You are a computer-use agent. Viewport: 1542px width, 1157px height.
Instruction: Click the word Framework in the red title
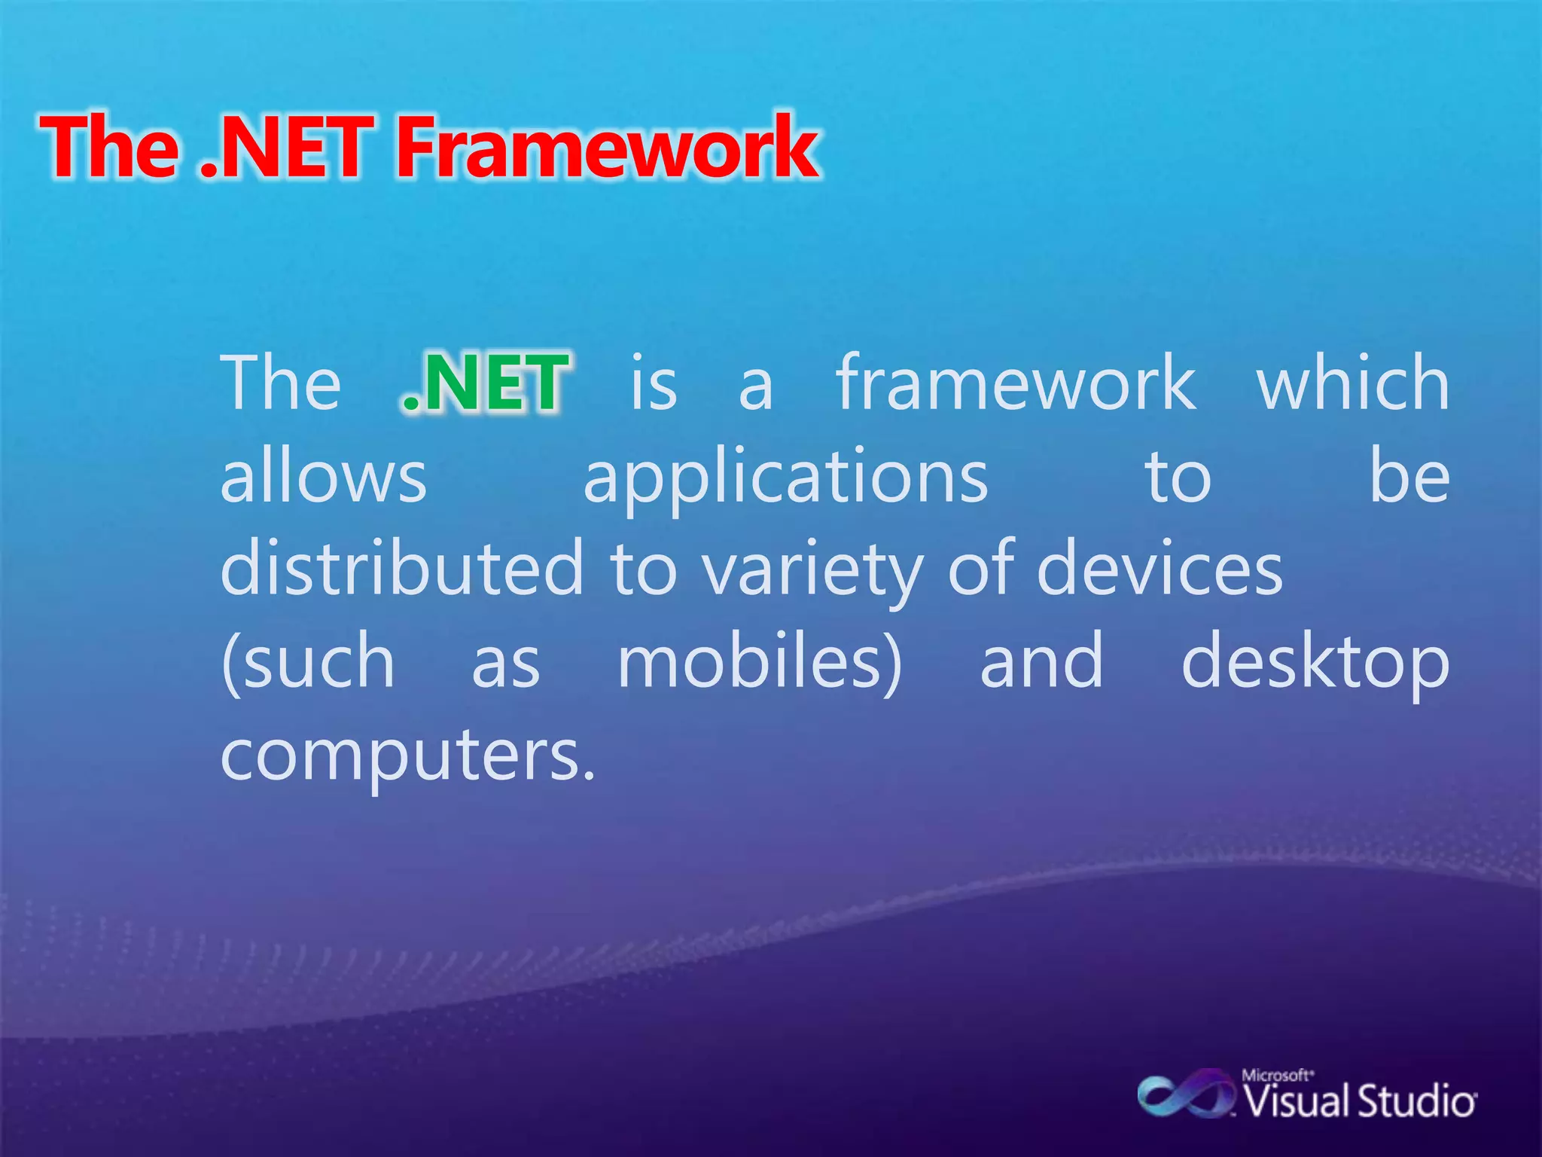(x=607, y=147)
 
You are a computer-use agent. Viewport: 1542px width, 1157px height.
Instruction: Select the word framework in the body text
(x=1016, y=383)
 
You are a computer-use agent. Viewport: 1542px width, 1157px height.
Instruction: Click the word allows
(x=324, y=477)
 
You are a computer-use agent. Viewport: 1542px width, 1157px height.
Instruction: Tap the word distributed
(x=402, y=569)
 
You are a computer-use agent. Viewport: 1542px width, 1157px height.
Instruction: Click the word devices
(x=1160, y=569)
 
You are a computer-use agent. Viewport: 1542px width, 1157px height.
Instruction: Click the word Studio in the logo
(x=1416, y=1102)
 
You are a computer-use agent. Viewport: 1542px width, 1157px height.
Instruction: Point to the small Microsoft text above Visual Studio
(x=1277, y=1075)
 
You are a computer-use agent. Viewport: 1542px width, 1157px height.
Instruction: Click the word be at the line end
(x=1409, y=477)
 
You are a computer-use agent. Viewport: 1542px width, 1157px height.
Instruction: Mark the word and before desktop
(x=1041, y=661)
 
